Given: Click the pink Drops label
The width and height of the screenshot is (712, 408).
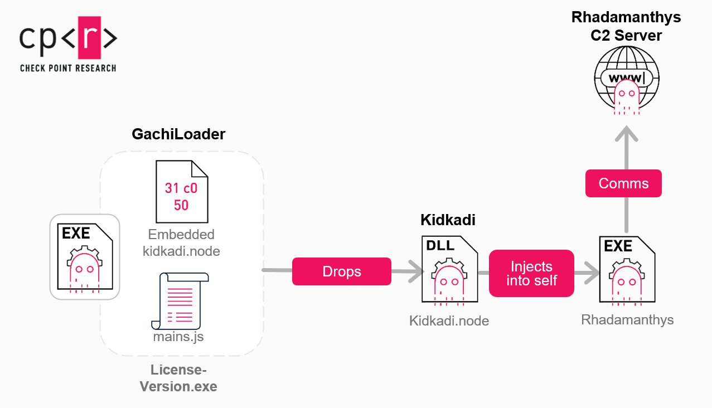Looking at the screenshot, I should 341,271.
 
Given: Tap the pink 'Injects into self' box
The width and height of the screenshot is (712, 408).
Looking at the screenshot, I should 531,273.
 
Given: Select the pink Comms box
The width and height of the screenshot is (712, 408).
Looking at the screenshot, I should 623,183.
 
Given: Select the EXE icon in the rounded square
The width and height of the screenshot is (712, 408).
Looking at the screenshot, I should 85,256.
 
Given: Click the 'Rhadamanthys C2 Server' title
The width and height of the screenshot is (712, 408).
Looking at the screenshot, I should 626,26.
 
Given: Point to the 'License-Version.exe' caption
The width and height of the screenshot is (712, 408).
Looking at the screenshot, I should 178,378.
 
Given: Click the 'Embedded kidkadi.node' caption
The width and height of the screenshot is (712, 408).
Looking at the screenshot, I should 181,243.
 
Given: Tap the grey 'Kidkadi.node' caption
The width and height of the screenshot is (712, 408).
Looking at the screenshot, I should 449,321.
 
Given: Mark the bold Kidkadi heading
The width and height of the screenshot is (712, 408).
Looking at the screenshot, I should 448,220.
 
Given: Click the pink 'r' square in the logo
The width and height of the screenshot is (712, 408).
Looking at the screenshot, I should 88,38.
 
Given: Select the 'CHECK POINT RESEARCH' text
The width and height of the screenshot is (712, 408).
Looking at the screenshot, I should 68,68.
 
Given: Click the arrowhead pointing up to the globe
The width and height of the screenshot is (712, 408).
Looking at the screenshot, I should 626,134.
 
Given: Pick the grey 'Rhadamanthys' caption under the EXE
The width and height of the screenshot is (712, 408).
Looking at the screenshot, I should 627,320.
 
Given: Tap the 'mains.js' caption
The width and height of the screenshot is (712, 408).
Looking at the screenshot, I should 178,337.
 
